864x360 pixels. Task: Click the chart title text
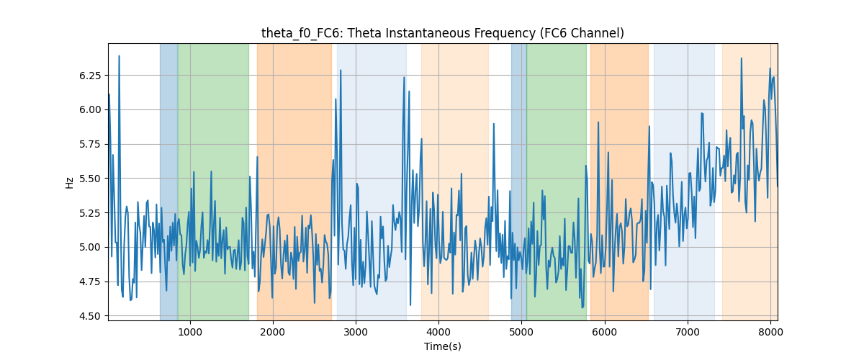click(x=442, y=33)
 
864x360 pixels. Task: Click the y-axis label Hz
click(x=69, y=182)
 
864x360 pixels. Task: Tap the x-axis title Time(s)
click(x=442, y=346)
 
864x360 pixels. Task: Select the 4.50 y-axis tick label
click(x=90, y=316)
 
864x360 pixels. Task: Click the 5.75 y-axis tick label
click(x=90, y=144)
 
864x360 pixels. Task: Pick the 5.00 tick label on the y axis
click(x=90, y=248)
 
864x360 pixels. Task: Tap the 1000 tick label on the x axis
click(x=190, y=332)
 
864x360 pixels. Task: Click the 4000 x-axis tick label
click(x=438, y=332)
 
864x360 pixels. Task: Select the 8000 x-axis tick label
click(x=770, y=332)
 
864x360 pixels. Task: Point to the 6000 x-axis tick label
click(x=604, y=332)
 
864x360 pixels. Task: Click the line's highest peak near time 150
click(x=120, y=56)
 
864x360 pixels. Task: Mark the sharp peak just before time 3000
click(x=341, y=71)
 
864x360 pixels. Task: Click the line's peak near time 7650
click(x=741, y=58)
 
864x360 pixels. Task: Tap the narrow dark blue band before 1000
click(x=168, y=182)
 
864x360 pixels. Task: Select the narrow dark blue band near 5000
click(x=519, y=182)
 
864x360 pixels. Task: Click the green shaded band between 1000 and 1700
click(x=213, y=182)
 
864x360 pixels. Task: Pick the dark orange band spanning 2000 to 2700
click(x=294, y=182)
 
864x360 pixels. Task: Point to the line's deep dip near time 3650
click(x=410, y=305)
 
